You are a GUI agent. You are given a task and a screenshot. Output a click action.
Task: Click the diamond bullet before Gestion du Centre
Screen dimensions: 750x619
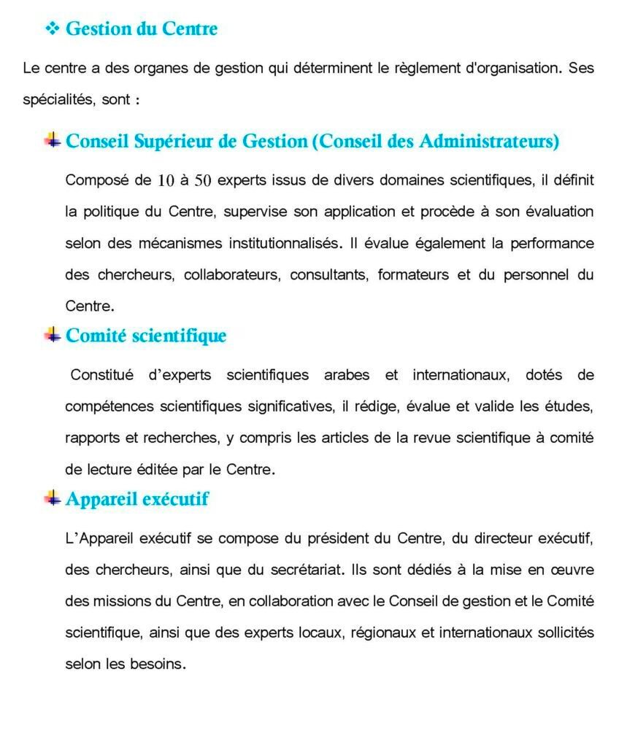(x=52, y=29)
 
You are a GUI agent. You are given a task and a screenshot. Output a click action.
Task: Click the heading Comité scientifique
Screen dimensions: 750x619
(x=146, y=336)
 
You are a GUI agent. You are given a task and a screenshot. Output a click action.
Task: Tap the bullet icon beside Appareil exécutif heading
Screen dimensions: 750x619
(x=53, y=498)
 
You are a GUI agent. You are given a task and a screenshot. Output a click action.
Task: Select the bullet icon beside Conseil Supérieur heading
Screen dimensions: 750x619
(x=53, y=140)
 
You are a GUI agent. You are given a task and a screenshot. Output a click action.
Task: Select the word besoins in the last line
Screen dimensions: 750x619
(x=161, y=665)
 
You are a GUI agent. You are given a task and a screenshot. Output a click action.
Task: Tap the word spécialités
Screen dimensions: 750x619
(x=58, y=100)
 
